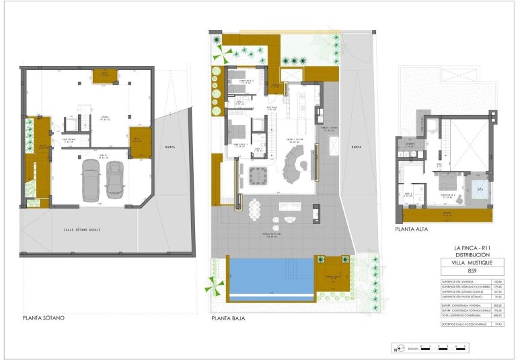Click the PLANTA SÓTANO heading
[43, 318]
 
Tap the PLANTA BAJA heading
[227, 318]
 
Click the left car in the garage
[89, 180]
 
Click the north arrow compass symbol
[397, 349]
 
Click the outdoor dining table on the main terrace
[256, 209]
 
